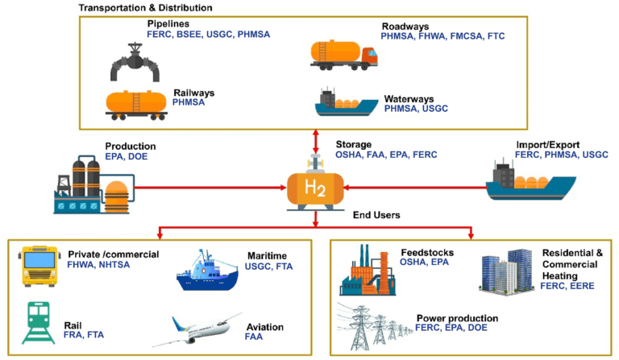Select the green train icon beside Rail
[38, 321]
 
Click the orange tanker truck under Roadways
[343, 52]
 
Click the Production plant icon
[90, 184]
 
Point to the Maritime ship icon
[207, 270]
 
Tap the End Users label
[376, 215]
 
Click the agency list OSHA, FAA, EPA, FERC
[386, 155]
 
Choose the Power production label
[457, 318]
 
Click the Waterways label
[410, 97]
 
